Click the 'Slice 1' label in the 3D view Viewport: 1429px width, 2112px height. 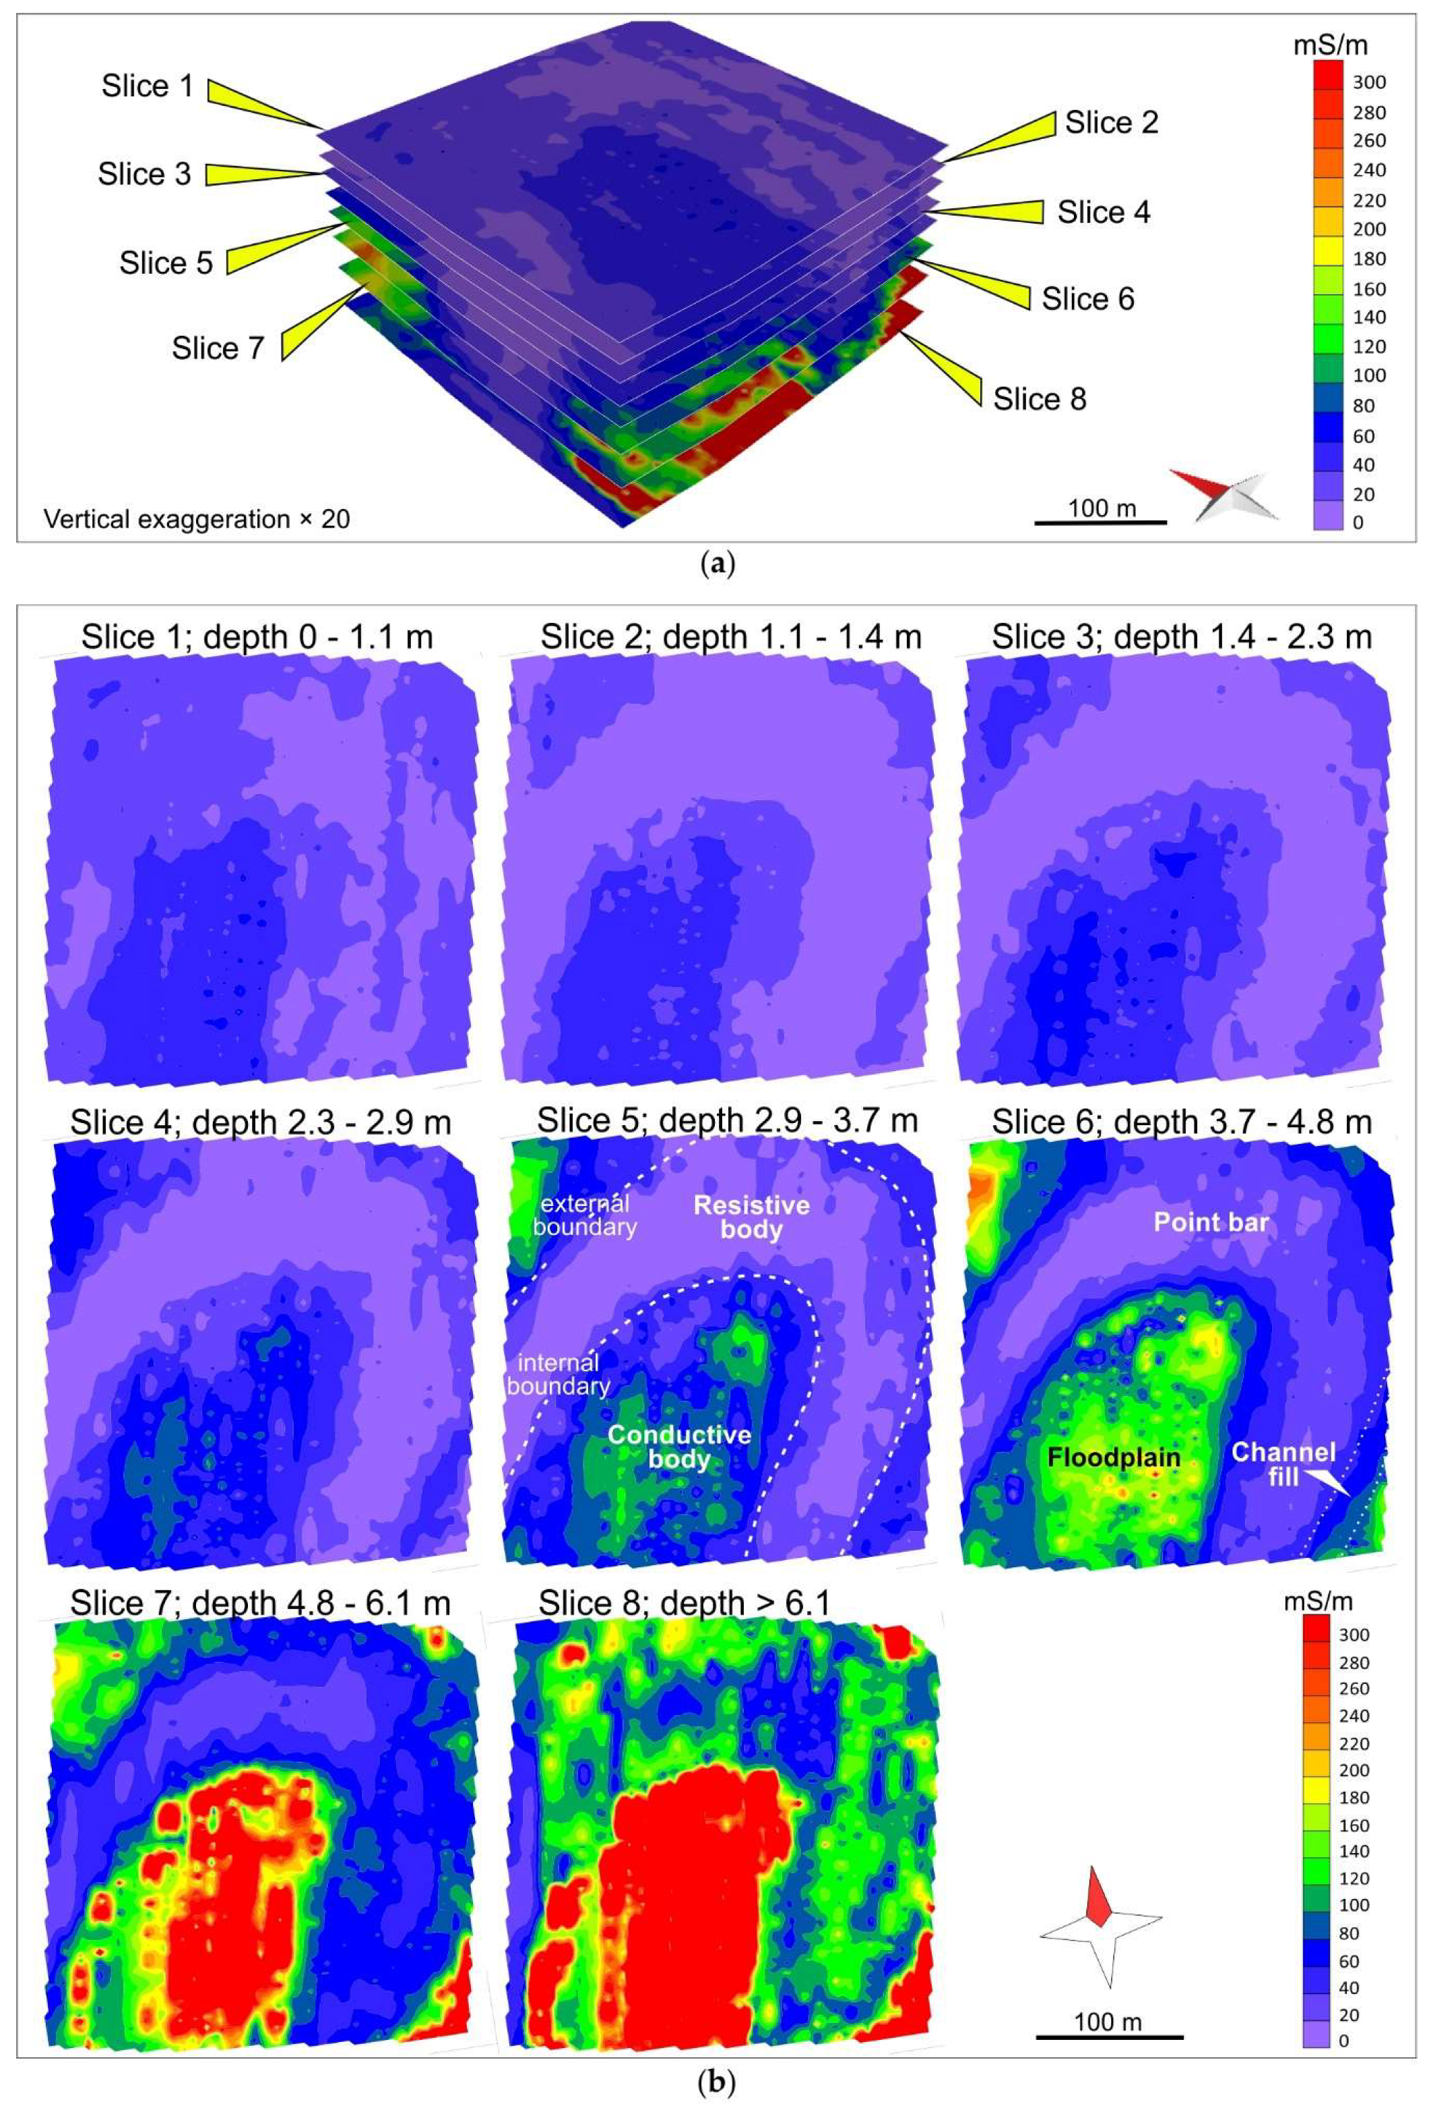coord(147,86)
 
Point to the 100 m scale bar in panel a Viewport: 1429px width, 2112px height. coord(1100,522)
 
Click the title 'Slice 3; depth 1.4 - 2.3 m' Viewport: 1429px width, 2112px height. coord(1181,637)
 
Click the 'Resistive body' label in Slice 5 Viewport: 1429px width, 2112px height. coord(751,1217)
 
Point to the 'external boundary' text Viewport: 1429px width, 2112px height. coord(584,1215)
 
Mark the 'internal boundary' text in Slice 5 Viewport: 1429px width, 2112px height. coord(558,1374)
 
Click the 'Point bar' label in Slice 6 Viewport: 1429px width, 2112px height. coord(1210,1222)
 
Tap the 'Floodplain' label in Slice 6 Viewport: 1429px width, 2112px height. coord(1113,1457)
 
